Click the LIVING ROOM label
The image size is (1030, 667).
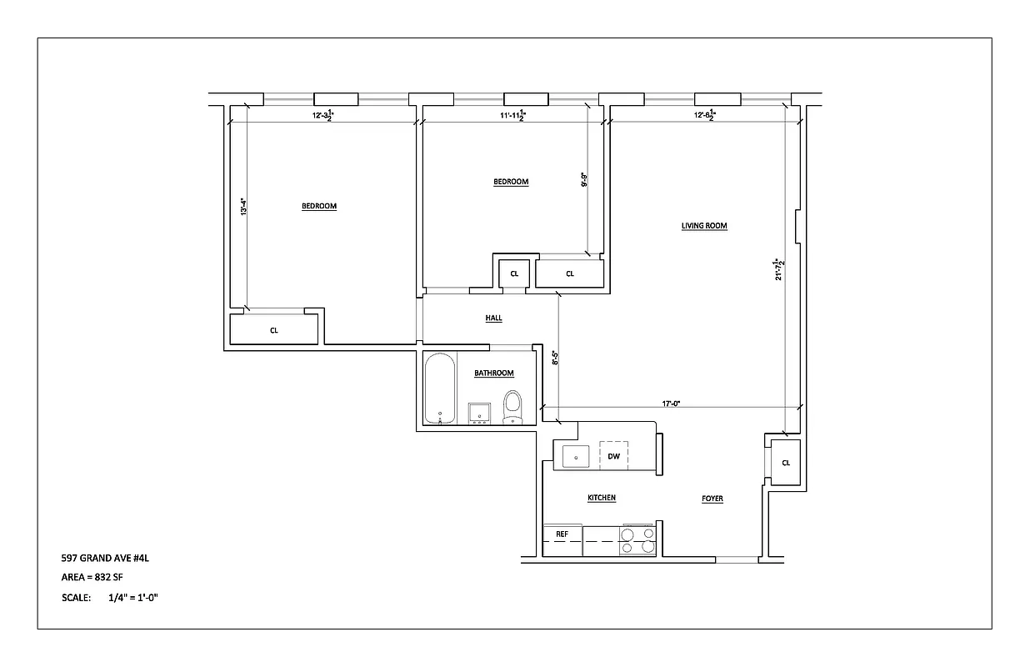point(705,225)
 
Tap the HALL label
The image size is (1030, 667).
point(494,318)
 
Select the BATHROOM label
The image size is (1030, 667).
point(494,374)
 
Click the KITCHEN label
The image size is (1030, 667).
point(602,498)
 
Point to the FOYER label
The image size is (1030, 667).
point(712,499)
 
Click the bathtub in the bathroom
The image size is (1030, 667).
point(440,389)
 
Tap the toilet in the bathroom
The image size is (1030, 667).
point(512,407)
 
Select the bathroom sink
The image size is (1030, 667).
point(479,413)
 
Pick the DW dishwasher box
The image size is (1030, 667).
point(614,456)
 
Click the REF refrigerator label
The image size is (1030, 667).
point(562,534)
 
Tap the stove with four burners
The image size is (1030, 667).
point(637,541)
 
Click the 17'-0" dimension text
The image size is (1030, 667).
point(672,404)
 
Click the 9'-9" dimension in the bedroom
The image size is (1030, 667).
point(585,180)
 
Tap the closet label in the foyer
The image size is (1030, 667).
point(785,463)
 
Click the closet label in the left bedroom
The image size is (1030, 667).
point(273,330)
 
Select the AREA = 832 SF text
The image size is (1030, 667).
point(92,577)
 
